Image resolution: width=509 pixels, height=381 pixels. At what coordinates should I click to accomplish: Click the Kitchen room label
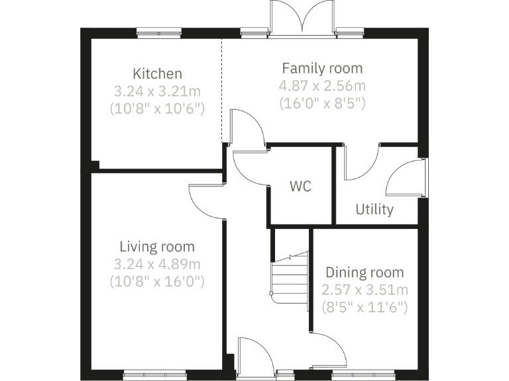(x=157, y=73)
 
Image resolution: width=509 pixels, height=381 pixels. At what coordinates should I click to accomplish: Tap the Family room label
(x=322, y=68)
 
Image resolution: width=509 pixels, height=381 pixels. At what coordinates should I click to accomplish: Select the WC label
(x=300, y=187)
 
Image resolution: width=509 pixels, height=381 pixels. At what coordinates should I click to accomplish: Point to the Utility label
(x=374, y=210)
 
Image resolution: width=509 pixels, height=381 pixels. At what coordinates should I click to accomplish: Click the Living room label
(x=157, y=247)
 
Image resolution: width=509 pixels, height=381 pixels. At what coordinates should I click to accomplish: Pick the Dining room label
(x=364, y=273)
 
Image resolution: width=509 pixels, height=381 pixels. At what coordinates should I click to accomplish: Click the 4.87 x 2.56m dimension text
(x=322, y=86)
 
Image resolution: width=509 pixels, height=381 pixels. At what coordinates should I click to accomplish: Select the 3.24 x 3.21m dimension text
(x=157, y=91)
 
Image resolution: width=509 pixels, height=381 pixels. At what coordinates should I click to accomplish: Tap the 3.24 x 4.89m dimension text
(x=157, y=264)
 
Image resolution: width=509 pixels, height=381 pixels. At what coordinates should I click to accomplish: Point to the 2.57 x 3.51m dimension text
(x=364, y=290)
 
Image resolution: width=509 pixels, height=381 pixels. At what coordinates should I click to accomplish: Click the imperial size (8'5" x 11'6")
(x=364, y=307)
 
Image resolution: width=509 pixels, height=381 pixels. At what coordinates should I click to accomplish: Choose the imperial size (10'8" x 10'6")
(x=157, y=108)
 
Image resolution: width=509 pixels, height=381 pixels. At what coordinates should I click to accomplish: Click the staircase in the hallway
(x=290, y=278)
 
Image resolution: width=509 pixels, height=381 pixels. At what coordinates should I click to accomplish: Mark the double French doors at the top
(x=302, y=19)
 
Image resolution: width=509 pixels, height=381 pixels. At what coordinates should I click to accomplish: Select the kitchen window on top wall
(x=158, y=30)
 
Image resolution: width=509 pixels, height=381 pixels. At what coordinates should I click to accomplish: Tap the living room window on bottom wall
(x=152, y=376)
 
